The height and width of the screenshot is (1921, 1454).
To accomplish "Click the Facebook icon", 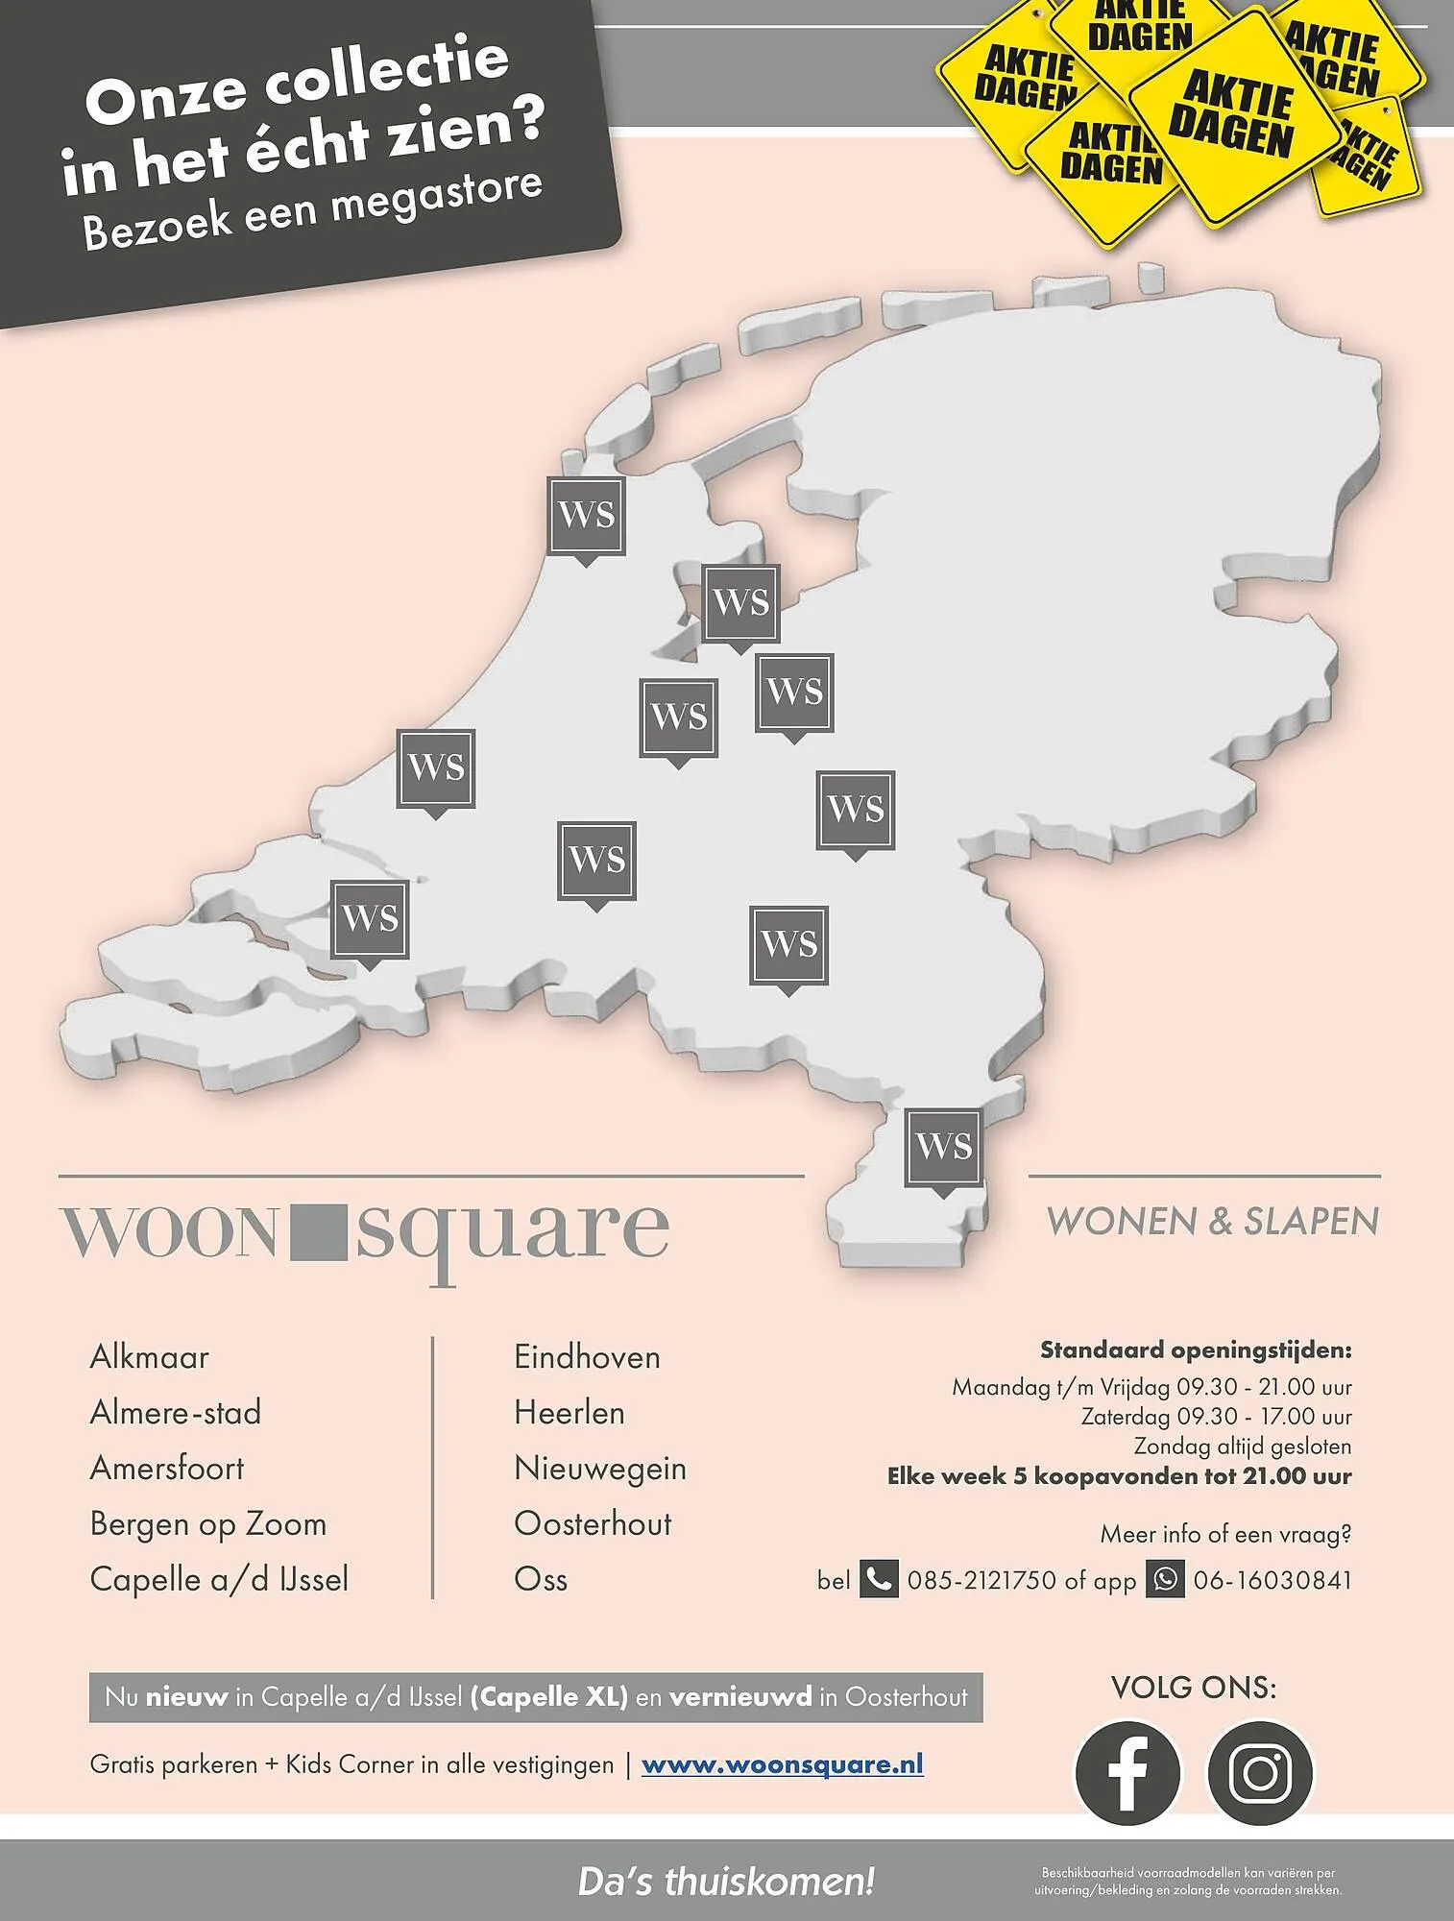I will pyautogui.click(x=1127, y=1772).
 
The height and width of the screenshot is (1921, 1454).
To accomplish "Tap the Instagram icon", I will pyautogui.click(x=1259, y=1772).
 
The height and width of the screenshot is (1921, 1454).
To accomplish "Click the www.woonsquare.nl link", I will pyautogui.click(x=782, y=1764).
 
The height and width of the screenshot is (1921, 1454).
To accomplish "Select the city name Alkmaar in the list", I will pyautogui.click(x=149, y=1357).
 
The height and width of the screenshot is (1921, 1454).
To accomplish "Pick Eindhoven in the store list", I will pyautogui.click(x=587, y=1357).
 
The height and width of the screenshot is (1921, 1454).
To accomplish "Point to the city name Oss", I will pyautogui.click(x=541, y=1579).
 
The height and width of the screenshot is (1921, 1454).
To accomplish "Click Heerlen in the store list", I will pyautogui.click(x=569, y=1413).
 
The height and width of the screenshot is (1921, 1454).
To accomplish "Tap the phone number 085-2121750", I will pyautogui.click(x=981, y=1580).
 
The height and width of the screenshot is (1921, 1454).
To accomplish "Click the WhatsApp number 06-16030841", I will pyautogui.click(x=1272, y=1580).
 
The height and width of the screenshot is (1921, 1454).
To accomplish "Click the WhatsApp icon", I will pyautogui.click(x=1165, y=1579).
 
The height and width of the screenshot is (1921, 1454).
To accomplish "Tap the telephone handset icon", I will pyautogui.click(x=878, y=1579).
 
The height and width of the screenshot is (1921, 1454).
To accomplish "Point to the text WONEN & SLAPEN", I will pyautogui.click(x=1212, y=1222).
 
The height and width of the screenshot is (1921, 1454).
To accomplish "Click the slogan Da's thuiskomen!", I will pyautogui.click(x=726, y=1882).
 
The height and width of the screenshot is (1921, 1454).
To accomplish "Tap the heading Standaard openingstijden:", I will pyautogui.click(x=1196, y=1350).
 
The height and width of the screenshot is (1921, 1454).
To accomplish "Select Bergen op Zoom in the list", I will pyautogui.click(x=208, y=1524).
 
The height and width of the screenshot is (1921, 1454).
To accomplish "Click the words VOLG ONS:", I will pyautogui.click(x=1193, y=1688).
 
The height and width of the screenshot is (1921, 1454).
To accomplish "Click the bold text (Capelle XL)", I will pyautogui.click(x=548, y=1697).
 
